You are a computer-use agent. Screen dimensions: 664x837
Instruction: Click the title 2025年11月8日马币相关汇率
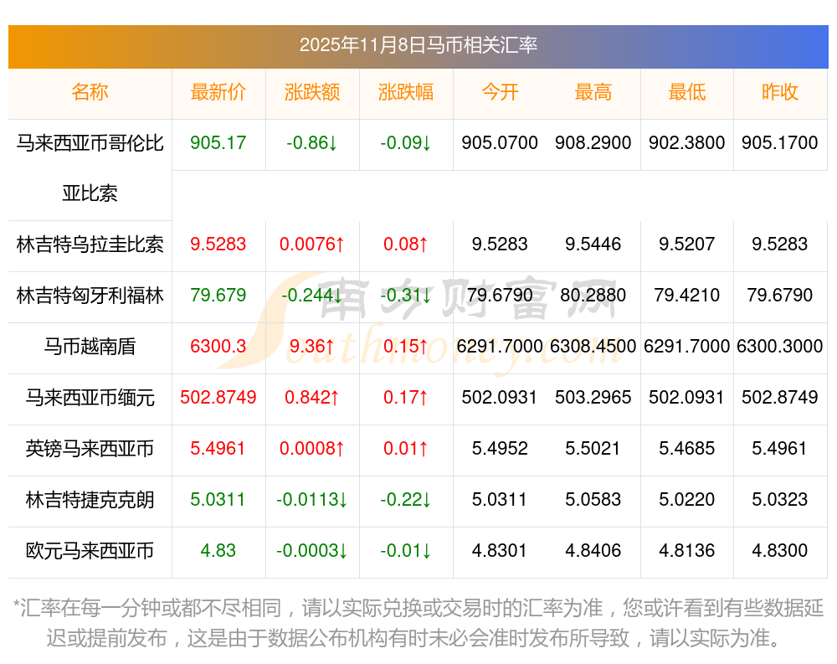click(x=418, y=45)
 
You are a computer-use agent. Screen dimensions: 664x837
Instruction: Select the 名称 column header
click(x=90, y=92)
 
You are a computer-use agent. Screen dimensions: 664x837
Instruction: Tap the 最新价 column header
click(x=218, y=92)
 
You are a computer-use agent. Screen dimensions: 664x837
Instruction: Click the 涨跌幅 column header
click(x=406, y=92)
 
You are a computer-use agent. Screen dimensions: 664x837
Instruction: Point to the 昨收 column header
click(x=780, y=92)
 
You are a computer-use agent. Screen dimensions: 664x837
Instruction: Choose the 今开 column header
click(x=500, y=92)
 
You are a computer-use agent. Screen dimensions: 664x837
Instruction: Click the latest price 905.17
click(x=218, y=143)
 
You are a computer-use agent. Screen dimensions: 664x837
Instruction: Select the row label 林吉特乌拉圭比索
click(x=90, y=244)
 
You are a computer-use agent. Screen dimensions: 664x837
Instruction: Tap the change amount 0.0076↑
click(x=312, y=244)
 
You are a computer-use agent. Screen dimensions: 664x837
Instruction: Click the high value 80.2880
click(x=593, y=296)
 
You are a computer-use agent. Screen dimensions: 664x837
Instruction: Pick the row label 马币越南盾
click(x=90, y=347)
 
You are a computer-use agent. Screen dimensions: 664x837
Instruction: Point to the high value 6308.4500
click(x=593, y=347)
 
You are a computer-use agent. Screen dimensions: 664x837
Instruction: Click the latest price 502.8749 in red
click(x=218, y=398)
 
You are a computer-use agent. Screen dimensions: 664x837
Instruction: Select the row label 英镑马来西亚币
click(x=90, y=449)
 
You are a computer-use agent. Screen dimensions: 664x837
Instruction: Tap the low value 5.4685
click(x=687, y=449)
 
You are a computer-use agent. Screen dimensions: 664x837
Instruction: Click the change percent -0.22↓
click(x=406, y=500)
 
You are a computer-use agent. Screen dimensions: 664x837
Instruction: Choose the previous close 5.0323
click(x=780, y=500)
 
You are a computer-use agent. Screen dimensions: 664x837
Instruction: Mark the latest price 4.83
click(x=218, y=551)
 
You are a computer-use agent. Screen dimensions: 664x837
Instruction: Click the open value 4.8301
click(x=500, y=551)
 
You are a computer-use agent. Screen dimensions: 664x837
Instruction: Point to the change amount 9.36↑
click(x=312, y=347)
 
